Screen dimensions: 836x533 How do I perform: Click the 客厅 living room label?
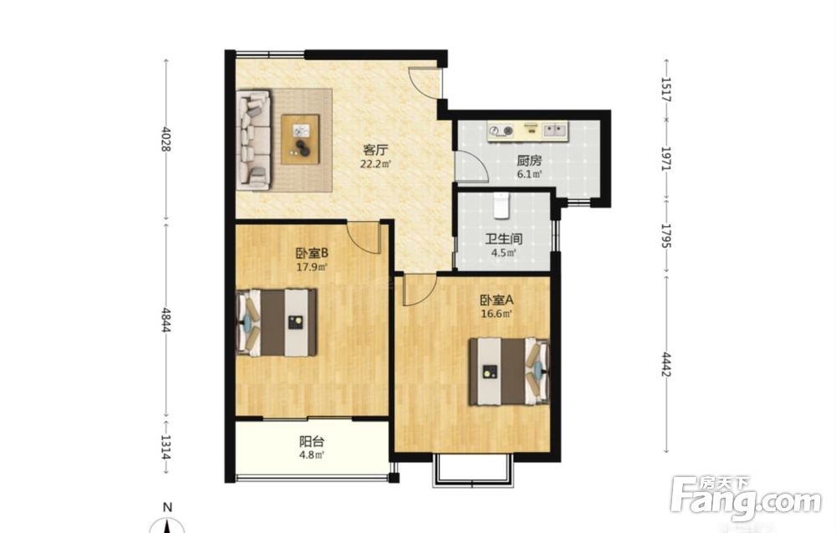[x=376, y=150]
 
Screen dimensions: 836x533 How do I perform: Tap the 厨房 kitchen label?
[x=529, y=160]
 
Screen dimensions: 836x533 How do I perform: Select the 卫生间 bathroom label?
[x=503, y=239]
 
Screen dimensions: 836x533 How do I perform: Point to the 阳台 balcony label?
[x=312, y=442]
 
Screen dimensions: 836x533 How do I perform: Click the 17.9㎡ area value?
[x=312, y=267]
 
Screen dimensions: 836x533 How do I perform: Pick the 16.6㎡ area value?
[x=497, y=314]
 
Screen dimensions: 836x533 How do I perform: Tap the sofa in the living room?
[x=254, y=140]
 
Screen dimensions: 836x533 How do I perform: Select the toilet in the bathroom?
[x=501, y=205]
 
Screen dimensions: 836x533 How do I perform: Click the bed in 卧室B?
[x=277, y=323]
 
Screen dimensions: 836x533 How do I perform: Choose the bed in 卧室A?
[x=509, y=372]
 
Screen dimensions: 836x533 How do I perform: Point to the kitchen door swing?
[x=472, y=166]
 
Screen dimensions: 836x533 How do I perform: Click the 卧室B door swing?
[x=364, y=237]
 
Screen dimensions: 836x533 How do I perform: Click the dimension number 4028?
[x=166, y=139]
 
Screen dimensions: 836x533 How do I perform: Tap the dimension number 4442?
[x=665, y=365]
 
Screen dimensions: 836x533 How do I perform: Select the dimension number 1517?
[x=665, y=90]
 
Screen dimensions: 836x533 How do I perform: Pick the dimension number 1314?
[x=166, y=448]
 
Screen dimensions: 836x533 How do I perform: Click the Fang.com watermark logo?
[x=746, y=500]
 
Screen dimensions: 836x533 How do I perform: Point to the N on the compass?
[x=167, y=507]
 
